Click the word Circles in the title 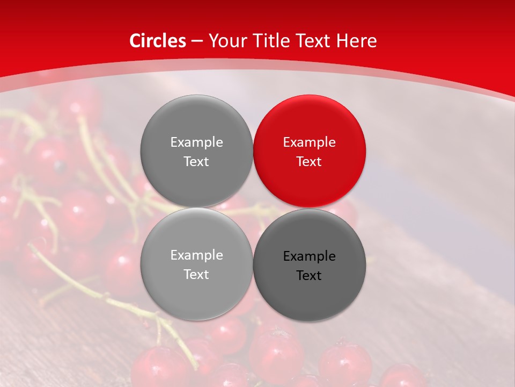pos(157,41)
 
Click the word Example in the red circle pos(309,142)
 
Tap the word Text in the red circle pos(309,162)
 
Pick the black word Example pos(309,256)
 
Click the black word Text pos(309,276)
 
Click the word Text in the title pos(314,41)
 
